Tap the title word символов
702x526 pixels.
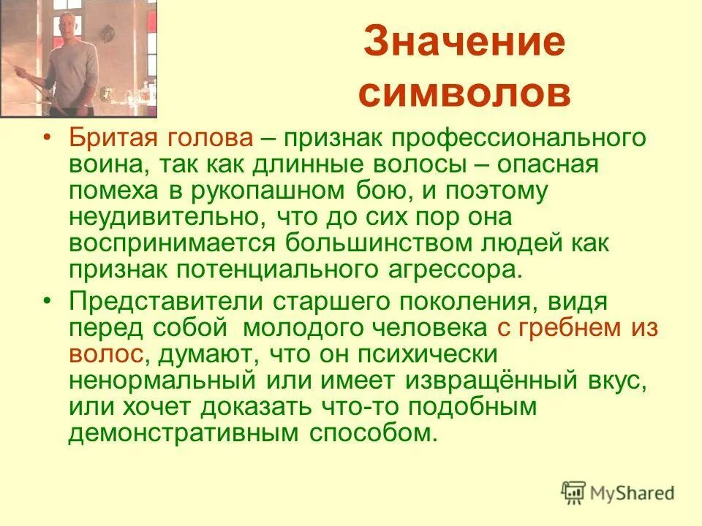[x=464, y=94]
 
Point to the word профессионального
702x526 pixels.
[x=505, y=138]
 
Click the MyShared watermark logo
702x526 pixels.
[x=618, y=492]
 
